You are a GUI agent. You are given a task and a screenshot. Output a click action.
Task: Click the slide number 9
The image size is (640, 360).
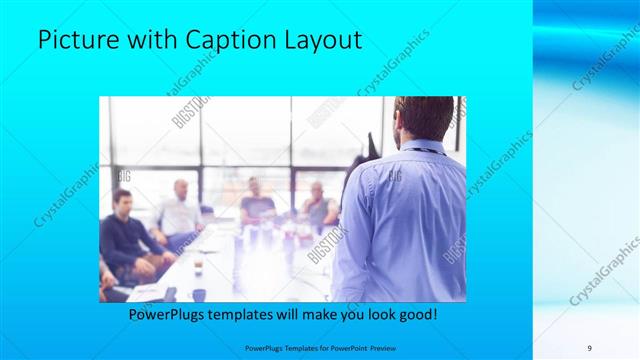coord(589,347)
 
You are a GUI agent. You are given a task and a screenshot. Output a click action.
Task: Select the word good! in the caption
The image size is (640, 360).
coord(413,314)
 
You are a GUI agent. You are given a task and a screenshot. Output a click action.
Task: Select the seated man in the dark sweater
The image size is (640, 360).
coord(125,235)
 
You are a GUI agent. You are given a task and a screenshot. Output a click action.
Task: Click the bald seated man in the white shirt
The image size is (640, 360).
coord(180,210)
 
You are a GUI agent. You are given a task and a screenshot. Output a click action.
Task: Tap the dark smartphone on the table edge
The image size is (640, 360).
coord(171,293)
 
